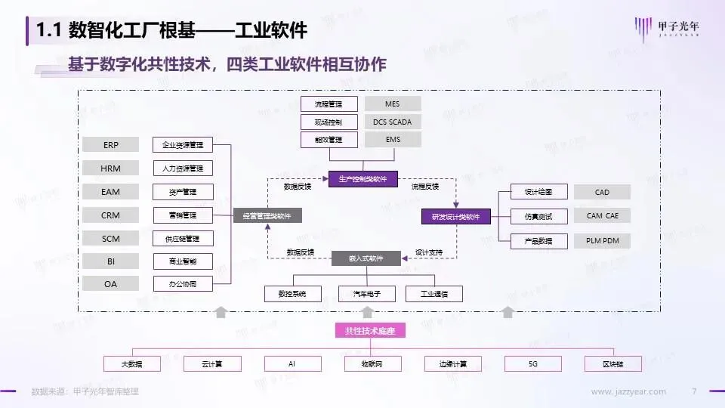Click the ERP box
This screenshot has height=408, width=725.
(x=111, y=145)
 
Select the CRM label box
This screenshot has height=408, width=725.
(x=111, y=215)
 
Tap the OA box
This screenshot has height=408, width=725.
(x=111, y=284)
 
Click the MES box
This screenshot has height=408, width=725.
(x=392, y=104)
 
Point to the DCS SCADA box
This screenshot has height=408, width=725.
(x=392, y=122)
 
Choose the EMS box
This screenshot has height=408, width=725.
(x=392, y=140)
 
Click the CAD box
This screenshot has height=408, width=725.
(x=602, y=193)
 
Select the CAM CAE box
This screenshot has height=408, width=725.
(x=602, y=216)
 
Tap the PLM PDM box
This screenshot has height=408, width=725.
(x=602, y=241)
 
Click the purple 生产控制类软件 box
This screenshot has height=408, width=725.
(x=362, y=179)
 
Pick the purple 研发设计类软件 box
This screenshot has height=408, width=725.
(x=455, y=217)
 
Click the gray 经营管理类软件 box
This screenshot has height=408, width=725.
(x=267, y=216)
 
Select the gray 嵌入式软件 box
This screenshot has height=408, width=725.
(x=366, y=258)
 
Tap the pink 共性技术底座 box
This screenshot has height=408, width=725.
(x=365, y=331)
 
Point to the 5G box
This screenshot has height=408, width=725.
(x=533, y=363)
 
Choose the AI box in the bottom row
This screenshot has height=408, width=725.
(x=292, y=363)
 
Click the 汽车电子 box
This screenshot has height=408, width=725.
(x=366, y=294)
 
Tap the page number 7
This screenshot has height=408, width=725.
(x=694, y=391)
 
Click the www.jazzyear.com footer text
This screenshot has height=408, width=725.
(x=628, y=391)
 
